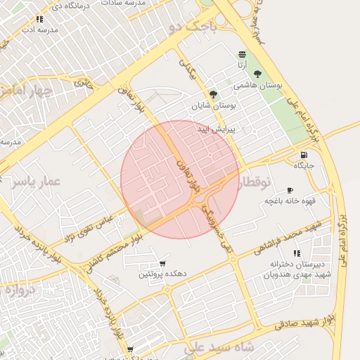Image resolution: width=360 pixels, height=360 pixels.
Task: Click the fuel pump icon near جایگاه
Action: [303, 155]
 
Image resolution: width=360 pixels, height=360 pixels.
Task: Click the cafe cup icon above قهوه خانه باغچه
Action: [290, 191]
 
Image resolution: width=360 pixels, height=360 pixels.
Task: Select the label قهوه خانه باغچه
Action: [288, 201]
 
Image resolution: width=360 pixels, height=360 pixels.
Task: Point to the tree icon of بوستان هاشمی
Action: [258, 73]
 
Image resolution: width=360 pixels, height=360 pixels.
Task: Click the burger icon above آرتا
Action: [242, 54]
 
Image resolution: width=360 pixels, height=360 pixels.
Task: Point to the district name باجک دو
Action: [189, 27]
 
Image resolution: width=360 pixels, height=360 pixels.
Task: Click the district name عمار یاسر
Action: [36, 182]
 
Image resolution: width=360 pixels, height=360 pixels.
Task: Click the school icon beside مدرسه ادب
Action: [39, 20]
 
